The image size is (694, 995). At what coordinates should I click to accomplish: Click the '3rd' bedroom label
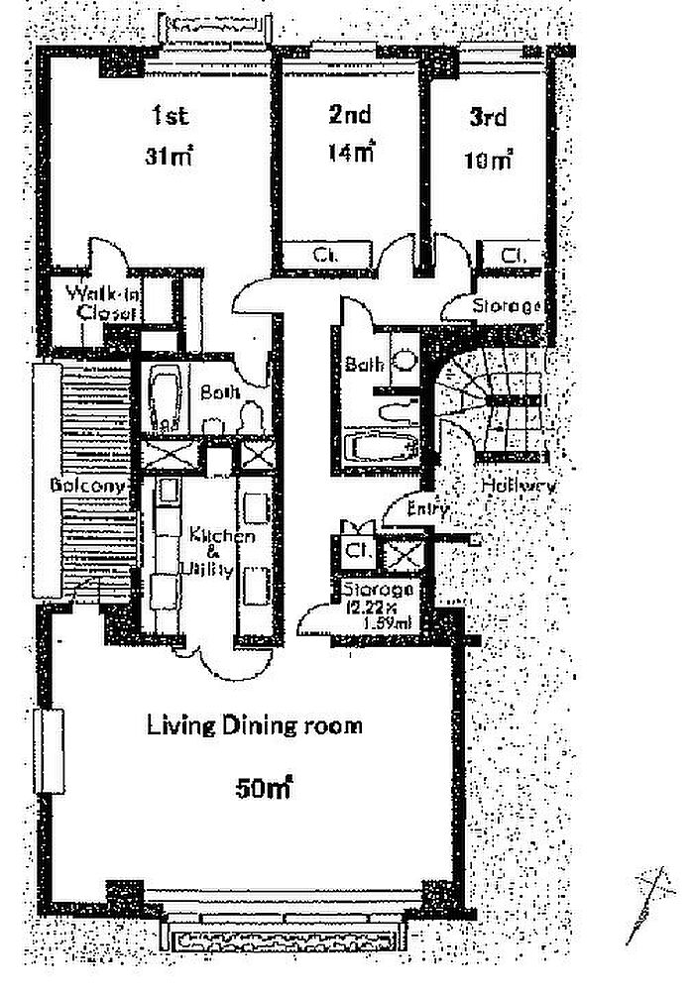click(x=488, y=117)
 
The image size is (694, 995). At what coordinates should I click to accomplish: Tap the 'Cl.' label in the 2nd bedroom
click(x=323, y=255)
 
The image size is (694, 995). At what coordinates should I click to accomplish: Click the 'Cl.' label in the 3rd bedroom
click(x=513, y=255)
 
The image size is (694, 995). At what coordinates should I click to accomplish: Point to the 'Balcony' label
click(x=89, y=487)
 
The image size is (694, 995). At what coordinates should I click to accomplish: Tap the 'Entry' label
click(x=429, y=508)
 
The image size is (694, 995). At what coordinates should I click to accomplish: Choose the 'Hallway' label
click(x=519, y=487)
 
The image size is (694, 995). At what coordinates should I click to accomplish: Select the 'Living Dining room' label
click(x=255, y=725)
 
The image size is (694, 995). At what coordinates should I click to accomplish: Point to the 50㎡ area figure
click(x=263, y=790)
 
